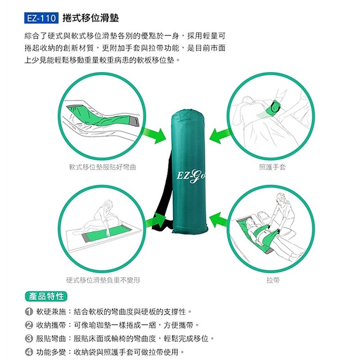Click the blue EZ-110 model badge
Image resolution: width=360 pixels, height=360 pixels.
pos(41,18)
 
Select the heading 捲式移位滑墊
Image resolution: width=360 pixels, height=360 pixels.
pos(91,18)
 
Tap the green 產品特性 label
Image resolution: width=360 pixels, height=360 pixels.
pos(46,296)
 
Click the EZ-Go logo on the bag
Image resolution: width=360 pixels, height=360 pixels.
pos(191,176)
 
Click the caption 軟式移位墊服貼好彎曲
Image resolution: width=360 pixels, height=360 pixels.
pos(103,167)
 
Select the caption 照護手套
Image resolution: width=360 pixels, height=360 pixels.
pos(272,167)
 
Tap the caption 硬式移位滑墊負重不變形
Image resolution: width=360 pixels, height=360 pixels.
pos(103,280)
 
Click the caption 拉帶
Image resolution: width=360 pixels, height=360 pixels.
pos(273,280)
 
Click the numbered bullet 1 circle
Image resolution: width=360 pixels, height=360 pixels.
pos(29,311)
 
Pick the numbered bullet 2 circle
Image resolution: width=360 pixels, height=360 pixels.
pos(29,325)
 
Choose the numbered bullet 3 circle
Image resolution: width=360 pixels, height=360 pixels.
pos(29,339)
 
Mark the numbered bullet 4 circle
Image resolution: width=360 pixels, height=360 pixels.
pos(29,352)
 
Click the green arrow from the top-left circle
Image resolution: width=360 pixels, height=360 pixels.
pos(154,135)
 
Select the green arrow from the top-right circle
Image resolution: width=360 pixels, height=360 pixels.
pos(220,135)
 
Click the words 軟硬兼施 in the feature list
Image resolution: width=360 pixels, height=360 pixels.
pos(51,311)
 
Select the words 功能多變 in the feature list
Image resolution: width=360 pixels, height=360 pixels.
pos(51,352)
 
